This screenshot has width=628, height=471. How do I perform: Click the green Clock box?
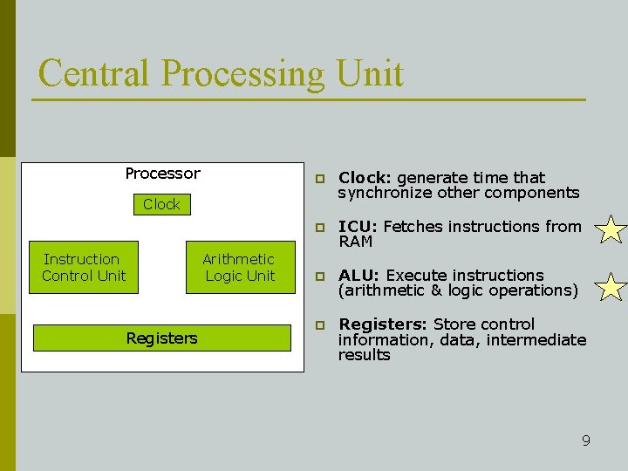coord(161,205)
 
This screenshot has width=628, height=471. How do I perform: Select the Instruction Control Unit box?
coord(84,268)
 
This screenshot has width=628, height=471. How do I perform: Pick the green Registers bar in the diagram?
coord(162,338)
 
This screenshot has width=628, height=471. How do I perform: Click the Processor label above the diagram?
coord(162,174)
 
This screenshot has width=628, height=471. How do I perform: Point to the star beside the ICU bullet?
coord(611,231)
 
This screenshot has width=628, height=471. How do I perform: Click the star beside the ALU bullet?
coord(611,286)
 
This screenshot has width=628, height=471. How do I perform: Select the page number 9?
coord(586,440)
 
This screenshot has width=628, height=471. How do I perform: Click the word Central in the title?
coord(94,73)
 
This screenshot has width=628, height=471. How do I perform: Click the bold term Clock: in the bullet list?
coord(365,178)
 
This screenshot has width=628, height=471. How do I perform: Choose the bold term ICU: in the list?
coord(358,227)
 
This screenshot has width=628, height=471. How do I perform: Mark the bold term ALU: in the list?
coord(358,276)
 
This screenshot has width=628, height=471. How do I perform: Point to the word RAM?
coord(355,242)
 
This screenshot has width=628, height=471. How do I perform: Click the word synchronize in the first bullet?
coord(382,193)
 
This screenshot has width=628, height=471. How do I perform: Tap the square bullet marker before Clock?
coord(320,179)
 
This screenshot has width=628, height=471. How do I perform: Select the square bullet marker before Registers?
coord(320,325)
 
